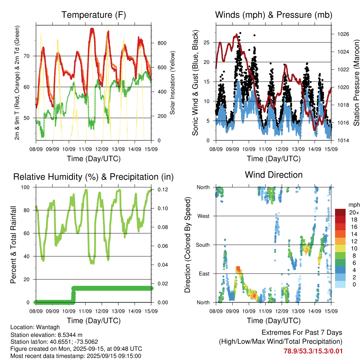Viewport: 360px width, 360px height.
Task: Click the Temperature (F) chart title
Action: coord(94,15)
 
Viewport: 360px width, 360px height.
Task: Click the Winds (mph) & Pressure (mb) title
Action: coord(274,15)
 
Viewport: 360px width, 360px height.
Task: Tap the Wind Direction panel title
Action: coord(274,175)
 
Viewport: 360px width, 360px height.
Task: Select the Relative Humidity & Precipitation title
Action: coord(94,177)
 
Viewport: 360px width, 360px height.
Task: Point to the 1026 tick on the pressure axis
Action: coord(343,34)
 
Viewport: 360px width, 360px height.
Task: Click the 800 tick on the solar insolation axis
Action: coord(162,43)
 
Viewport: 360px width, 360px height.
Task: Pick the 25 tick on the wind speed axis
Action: coord(206,43)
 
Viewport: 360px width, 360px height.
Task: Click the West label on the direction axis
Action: coord(204,216)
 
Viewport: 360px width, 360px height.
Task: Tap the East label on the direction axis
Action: coord(204,274)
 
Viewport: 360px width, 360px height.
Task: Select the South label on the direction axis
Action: coord(203,245)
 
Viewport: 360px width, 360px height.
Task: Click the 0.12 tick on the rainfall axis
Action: coord(163,189)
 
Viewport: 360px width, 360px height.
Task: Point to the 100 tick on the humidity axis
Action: coord(25,187)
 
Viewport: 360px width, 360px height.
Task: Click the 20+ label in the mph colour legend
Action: coord(354,213)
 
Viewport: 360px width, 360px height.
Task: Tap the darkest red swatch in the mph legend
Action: coord(340,212)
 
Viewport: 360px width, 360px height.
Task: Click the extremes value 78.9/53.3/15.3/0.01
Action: coord(313,351)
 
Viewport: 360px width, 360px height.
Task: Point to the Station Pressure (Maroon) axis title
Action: coord(356,83)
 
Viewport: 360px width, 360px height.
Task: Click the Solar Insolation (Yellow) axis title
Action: coord(172,83)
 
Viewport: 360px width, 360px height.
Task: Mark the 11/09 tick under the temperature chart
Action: coord(85,149)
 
